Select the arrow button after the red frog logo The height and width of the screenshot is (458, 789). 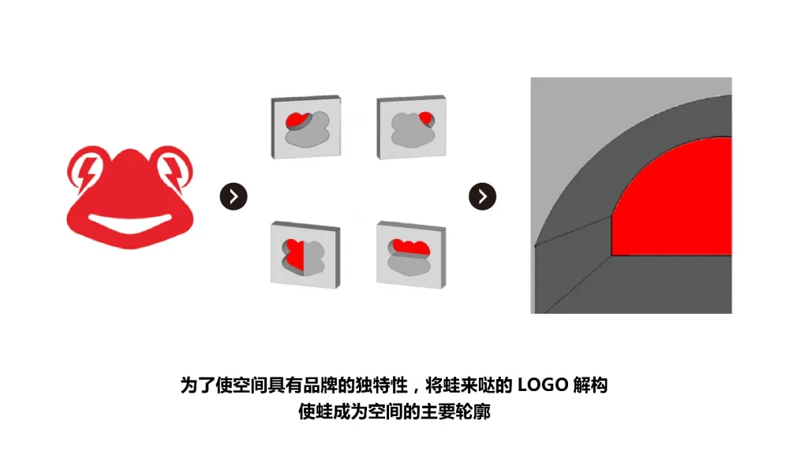pyautogui.click(x=234, y=196)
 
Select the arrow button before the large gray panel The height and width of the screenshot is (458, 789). pyautogui.click(x=482, y=196)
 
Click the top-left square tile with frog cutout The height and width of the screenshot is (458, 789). pyautogui.click(x=306, y=127)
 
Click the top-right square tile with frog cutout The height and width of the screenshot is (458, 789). pyautogui.click(x=411, y=127)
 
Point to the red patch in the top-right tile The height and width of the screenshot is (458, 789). pyautogui.click(x=426, y=118)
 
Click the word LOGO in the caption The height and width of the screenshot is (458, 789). pyautogui.click(x=542, y=385)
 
